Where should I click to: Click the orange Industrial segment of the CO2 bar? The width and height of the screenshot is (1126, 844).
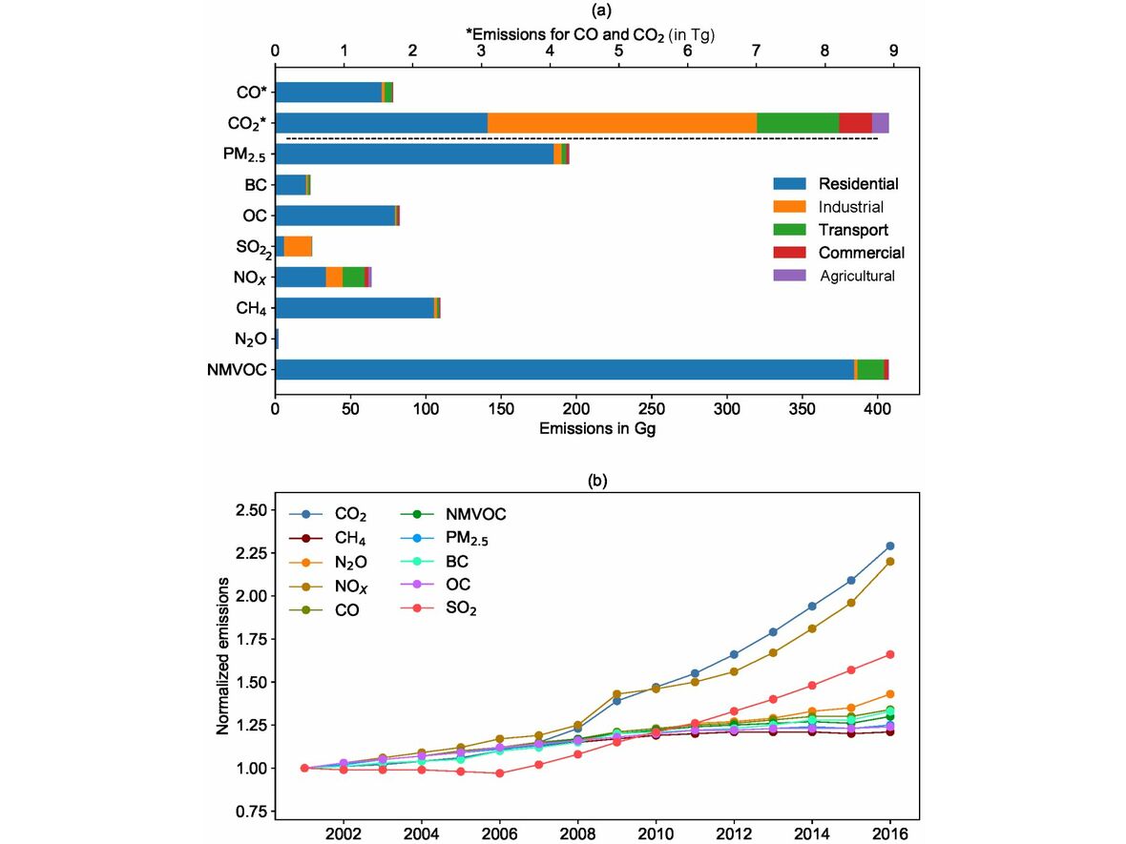(x=621, y=123)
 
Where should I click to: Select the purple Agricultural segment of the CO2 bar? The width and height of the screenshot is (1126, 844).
(x=880, y=123)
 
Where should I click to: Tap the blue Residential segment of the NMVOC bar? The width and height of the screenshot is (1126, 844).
(x=563, y=369)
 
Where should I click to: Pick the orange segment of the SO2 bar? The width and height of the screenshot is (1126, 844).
(x=298, y=246)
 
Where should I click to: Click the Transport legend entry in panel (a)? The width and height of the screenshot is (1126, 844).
(x=852, y=230)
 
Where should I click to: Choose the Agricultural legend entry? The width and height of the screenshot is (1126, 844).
(x=856, y=276)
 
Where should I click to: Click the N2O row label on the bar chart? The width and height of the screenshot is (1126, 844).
(x=250, y=340)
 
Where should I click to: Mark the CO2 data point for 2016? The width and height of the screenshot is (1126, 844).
(x=890, y=546)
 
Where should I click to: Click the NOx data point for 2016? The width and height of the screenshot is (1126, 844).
(x=890, y=562)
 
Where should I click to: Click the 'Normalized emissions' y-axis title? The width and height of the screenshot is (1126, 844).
(x=224, y=655)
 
